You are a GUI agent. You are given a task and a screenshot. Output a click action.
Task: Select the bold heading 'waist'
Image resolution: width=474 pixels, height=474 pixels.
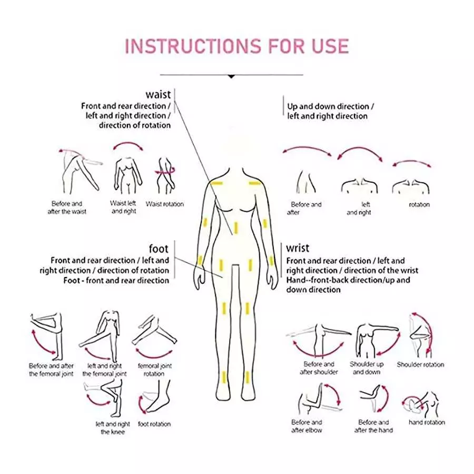[159, 95]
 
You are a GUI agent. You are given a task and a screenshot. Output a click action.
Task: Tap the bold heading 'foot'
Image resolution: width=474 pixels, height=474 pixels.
[159, 249]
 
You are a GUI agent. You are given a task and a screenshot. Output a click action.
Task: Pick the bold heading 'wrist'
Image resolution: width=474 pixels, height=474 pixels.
[298, 249]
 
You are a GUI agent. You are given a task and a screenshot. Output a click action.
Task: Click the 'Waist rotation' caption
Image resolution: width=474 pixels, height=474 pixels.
[165, 204]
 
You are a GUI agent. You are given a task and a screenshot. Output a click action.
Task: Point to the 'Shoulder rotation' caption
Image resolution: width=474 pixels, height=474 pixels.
[420, 364]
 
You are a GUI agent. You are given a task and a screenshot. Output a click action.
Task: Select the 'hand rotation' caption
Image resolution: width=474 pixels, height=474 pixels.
[427, 422]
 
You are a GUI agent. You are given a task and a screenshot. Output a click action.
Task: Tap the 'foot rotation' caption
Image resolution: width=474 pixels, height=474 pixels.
[154, 424]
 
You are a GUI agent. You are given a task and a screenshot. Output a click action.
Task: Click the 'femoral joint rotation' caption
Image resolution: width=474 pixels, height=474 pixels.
[155, 370]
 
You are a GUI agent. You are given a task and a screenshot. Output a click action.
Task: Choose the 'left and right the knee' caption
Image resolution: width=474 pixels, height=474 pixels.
[113, 428]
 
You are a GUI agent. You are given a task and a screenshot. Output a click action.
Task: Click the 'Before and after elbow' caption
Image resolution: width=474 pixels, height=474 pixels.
[307, 426]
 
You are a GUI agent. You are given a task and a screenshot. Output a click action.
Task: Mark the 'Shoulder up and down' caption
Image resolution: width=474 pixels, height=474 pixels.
[367, 368]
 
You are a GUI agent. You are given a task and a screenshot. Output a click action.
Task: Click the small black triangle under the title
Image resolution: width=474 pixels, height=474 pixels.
[231, 76]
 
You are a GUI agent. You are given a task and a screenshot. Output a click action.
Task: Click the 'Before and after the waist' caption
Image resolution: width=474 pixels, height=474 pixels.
[67, 208]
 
